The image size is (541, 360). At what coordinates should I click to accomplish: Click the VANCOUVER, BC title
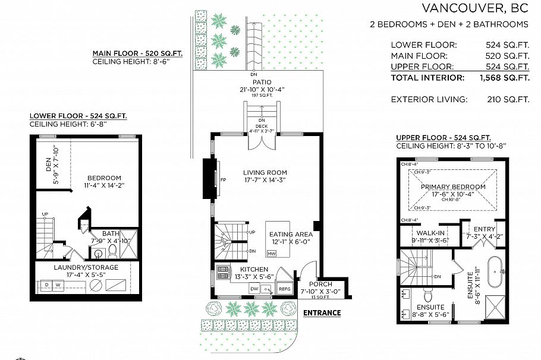pyautogui.click(x=475, y=8)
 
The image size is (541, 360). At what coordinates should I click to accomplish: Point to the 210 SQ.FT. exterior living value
pyautogui.click(x=507, y=99)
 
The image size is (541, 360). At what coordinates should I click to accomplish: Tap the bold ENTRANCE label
pyautogui.click(x=322, y=312)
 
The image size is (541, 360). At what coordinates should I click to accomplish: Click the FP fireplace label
pyautogui.click(x=224, y=179)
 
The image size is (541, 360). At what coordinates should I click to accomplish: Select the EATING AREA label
pyautogui.click(x=290, y=234)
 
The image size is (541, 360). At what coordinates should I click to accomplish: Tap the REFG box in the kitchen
pyautogui.click(x=284, y=289)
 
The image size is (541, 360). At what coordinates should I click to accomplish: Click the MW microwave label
pyautogui.click(x=271, y=254)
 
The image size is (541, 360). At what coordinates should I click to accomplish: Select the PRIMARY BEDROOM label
pyautogui.click(x=453, y=187)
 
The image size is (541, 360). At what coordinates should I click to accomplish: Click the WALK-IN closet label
pyautogui.click(x=430, y=233)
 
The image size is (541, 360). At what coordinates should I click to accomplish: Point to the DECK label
pyautogui.click(x=261, y=126)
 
